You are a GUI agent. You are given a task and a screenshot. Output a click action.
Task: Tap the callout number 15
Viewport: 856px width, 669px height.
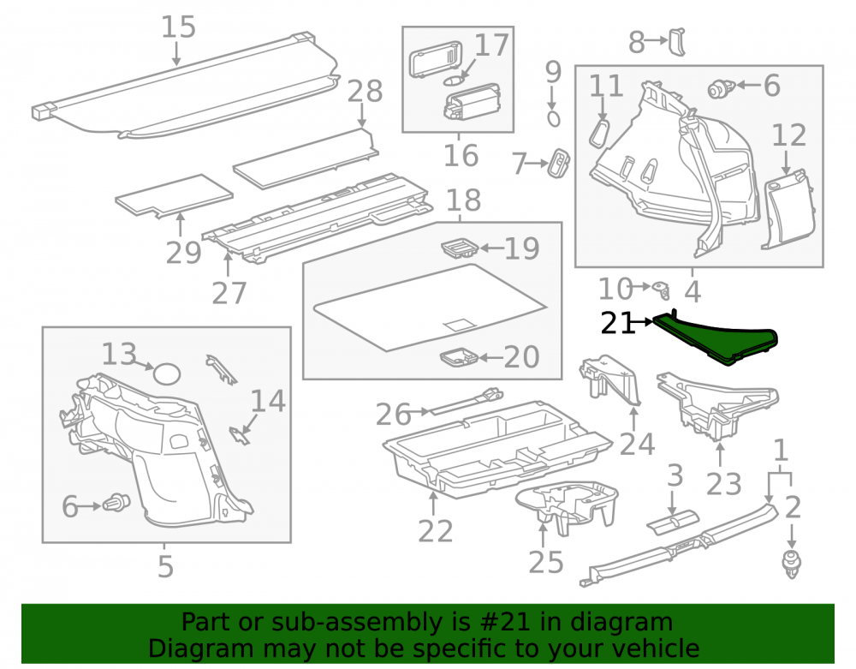179,27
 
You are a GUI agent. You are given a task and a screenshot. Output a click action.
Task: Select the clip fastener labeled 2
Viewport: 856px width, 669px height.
792,565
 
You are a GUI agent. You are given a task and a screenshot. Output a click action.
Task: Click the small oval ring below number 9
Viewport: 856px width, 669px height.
553,119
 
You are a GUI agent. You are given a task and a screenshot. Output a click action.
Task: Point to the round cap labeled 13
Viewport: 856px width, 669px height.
166,374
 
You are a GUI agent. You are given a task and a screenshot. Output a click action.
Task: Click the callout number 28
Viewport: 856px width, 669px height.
366,91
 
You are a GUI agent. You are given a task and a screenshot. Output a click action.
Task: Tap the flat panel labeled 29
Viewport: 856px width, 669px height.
174,195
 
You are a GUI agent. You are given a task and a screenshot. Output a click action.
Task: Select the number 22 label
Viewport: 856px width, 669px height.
436,531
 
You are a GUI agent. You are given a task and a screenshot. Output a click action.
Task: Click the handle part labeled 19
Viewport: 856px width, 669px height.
460,248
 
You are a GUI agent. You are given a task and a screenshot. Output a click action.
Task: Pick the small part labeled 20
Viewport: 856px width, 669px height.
459,358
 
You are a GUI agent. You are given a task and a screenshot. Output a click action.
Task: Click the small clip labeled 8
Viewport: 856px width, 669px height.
677,41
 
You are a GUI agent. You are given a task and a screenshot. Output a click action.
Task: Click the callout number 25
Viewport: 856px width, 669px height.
546,563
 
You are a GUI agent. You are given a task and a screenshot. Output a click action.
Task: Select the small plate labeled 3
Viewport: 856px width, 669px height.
673,519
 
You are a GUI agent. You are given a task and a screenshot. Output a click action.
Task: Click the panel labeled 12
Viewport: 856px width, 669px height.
788,210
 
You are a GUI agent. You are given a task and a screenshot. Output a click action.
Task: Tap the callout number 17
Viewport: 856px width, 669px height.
492,45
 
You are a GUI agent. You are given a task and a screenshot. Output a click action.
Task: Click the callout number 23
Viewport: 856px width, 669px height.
724,484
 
